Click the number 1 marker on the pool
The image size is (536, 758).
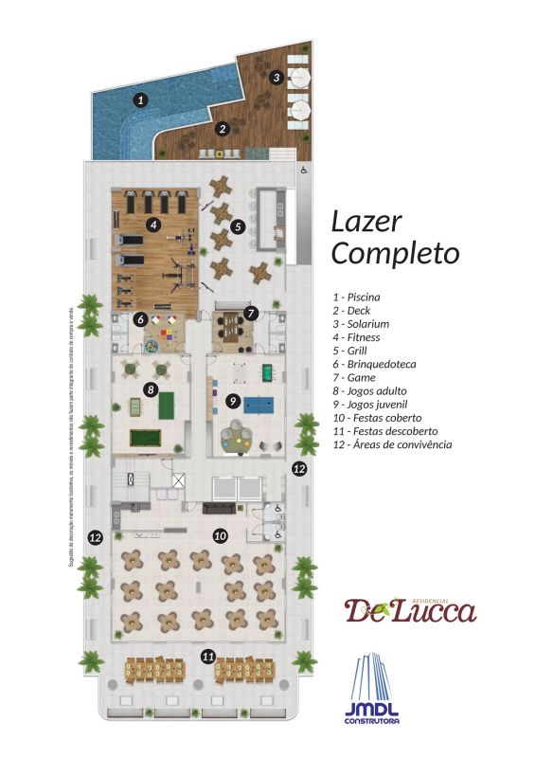point(140,99)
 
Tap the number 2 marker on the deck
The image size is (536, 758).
point(223,129)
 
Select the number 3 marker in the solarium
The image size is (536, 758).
point(277,77)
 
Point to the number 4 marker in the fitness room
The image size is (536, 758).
point(152,225)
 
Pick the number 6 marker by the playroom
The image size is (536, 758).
point(139,318)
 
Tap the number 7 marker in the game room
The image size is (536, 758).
point(251,312)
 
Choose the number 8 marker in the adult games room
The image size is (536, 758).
point(150,388)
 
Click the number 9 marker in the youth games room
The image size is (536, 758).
point(232,401)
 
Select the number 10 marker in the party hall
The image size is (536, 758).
point(220,535)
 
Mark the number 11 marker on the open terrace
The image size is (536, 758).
point(208,655)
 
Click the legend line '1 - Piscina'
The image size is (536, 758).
point(357,297)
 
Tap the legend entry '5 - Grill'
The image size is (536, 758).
point(350,351)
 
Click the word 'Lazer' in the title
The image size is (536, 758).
point(366,222)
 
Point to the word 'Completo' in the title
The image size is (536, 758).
point(395,254)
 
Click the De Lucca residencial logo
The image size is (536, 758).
point(409,609)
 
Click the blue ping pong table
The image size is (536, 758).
point(258,403)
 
